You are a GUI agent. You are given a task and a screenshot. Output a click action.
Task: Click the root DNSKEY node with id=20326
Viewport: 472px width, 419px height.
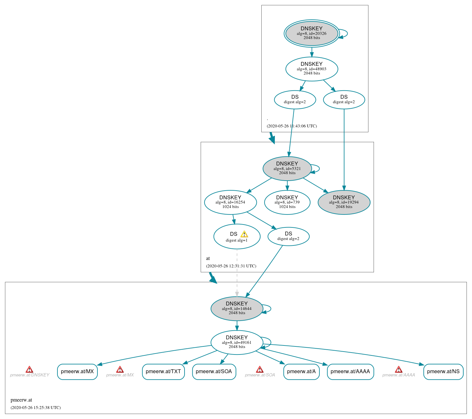[311, 33]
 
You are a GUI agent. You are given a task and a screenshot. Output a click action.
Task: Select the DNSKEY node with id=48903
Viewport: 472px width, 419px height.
[311, 69]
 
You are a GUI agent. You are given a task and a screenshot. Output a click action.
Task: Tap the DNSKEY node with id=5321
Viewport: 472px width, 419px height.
[287, 168]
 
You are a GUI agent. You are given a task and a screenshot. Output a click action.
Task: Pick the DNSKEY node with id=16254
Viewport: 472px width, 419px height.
[230, 202]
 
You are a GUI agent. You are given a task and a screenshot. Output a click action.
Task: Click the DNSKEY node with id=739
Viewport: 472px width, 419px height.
[287, 202]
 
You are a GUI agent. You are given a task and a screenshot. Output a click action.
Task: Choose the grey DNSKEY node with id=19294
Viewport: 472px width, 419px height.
[344, 202]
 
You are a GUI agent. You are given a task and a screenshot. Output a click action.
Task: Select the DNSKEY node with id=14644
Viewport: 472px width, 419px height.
[236, 308]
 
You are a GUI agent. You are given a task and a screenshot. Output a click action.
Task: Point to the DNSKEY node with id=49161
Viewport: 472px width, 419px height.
[236, 342]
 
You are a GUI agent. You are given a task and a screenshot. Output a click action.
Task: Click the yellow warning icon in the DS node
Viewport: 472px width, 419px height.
[244, 234]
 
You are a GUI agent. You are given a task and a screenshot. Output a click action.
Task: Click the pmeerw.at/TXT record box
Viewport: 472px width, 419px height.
[163, 372]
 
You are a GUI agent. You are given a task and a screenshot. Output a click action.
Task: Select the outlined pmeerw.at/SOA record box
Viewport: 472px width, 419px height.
[214, 372]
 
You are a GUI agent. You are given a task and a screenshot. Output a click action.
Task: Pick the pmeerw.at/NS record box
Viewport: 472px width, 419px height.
[443, 372]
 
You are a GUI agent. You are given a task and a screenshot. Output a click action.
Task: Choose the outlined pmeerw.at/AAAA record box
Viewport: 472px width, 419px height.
[350, 372]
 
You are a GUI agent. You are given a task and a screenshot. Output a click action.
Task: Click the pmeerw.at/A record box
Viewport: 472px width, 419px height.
[301, 372]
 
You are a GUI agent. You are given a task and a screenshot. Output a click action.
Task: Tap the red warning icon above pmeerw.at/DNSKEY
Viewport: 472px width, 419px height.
[29, 369]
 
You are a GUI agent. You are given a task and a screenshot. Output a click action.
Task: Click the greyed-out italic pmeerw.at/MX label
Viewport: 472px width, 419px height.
[120, 375]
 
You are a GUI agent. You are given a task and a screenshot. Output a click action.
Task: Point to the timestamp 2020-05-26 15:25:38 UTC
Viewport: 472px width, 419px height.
[35, 408]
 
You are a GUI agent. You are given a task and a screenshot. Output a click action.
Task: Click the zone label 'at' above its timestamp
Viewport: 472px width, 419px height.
[208, 258]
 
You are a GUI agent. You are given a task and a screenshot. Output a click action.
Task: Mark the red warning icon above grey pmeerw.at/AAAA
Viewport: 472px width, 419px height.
[398, 369]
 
